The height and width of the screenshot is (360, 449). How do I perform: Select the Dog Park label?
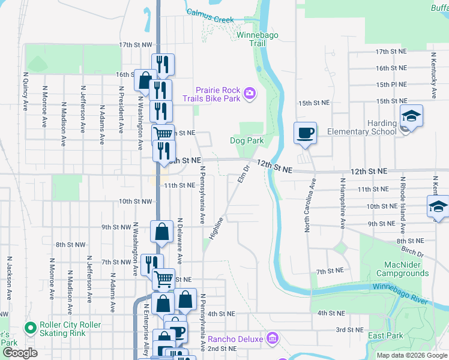pyautogui.click(x=247, y=141)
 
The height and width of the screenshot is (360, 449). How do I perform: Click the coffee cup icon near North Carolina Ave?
pyautogui.click(x=306, y=133)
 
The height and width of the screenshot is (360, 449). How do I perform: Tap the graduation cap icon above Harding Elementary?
pyautogui.click(x=412, y=116)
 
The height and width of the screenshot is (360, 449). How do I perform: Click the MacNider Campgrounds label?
pyautogui.click(x=402, y=269)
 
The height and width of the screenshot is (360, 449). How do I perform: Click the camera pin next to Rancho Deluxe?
pyautogui.click(x=273, y=339)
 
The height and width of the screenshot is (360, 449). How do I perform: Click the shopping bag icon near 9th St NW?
pyautogui.click(x=163, y=232)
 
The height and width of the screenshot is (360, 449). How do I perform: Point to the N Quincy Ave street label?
pyautogui.click(x=26, y=91)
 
